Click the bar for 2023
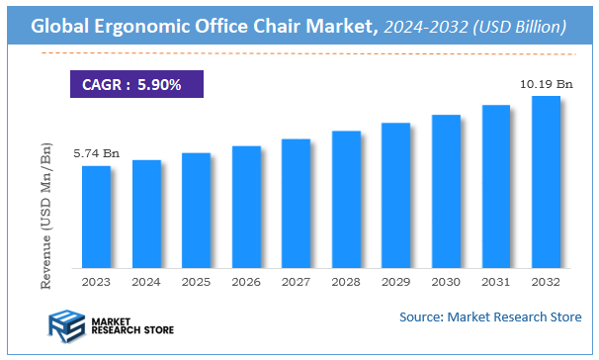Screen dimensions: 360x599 click(96, 218)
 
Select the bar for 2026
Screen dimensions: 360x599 click(246, 208)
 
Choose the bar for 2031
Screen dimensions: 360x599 click(496, 187)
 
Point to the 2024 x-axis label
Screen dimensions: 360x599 click(146, 282)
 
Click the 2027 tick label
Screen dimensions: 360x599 click(297, 282)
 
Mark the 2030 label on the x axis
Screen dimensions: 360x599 click(446, 282)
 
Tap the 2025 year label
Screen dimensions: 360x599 click(197, 282)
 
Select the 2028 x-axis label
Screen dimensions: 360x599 click(346, 282)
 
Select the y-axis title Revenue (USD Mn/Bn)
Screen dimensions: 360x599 click(46, 216)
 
